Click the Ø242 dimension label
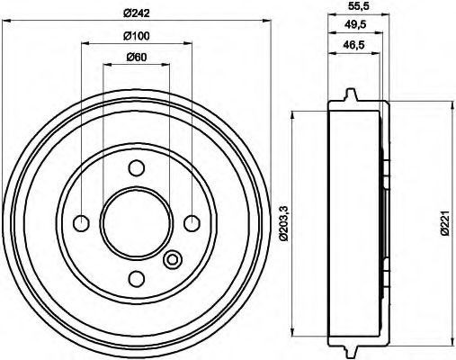click(x=137, y=12)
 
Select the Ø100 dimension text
click(x=137, y=36)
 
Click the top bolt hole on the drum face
click(x=137, y=167)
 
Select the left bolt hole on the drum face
click(x=82, y=222)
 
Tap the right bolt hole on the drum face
click(x=191, y=222)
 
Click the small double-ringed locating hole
click(x=174, y=260)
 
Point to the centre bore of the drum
click(x=136, y=222)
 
